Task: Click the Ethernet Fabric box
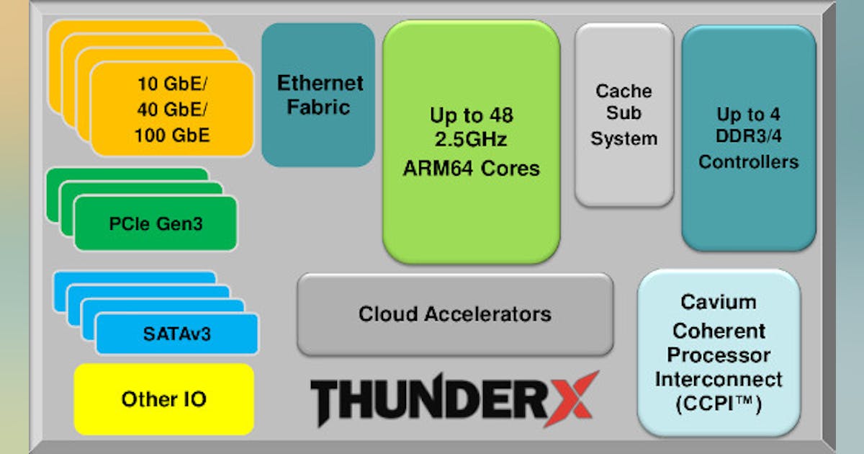318,94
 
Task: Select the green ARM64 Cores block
472,141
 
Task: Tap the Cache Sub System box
624,115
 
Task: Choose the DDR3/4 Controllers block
749,138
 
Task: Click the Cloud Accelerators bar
455,314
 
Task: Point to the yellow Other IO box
164,399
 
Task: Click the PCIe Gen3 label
156,224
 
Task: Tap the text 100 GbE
172,135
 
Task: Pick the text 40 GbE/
172,109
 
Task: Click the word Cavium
719,303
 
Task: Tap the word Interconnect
719,379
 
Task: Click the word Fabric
318,107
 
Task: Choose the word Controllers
749,161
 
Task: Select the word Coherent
719,331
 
